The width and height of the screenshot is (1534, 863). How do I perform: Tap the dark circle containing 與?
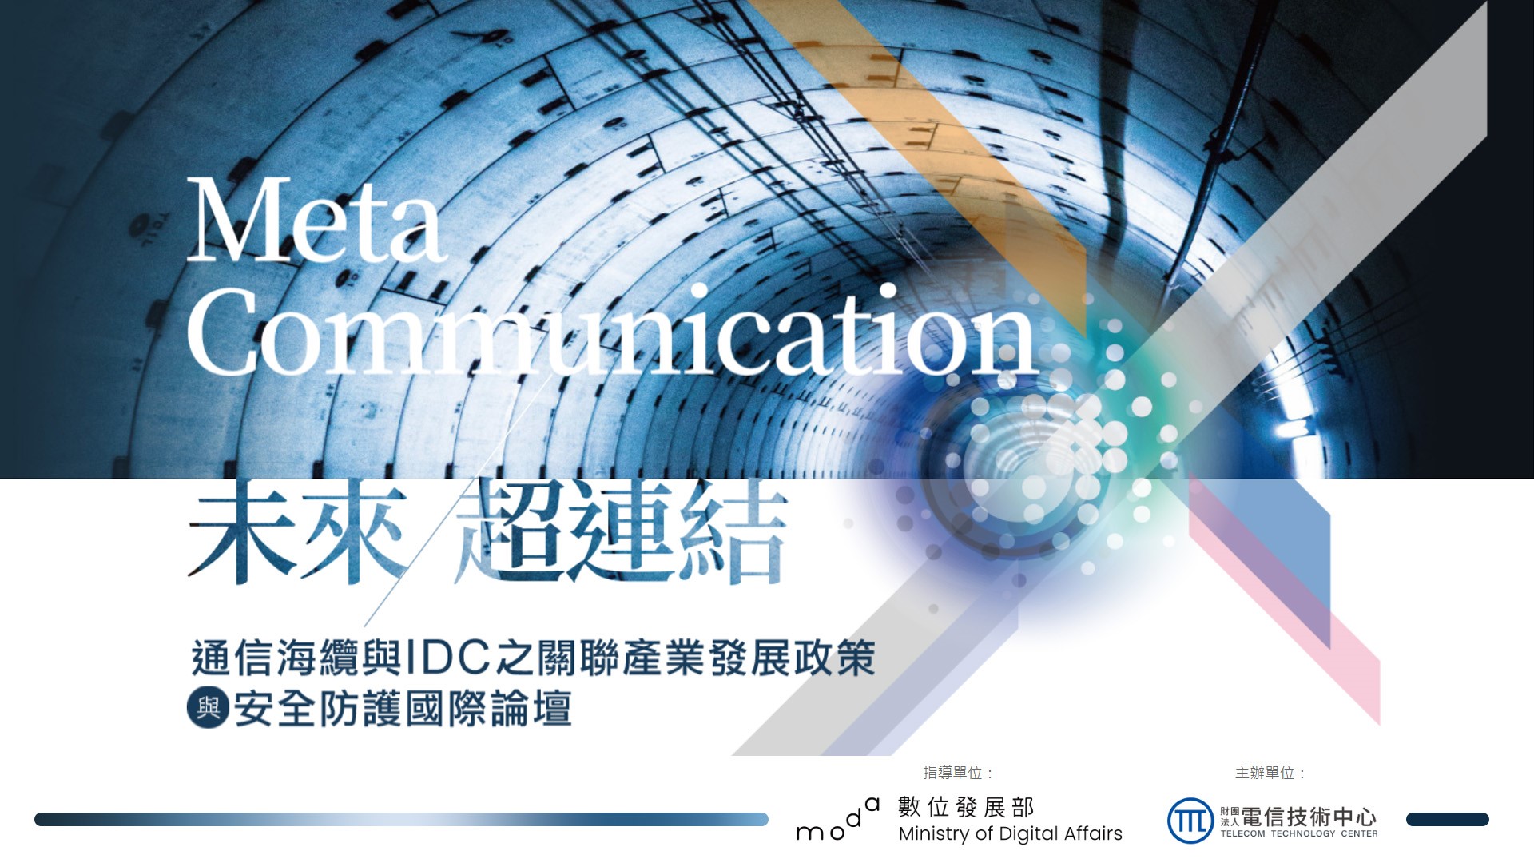pos(208,708)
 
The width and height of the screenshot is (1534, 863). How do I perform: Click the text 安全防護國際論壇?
pos(403,709)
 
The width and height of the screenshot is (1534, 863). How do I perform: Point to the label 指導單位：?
pos(959,773)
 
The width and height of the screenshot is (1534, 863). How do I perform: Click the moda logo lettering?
pos(838,819)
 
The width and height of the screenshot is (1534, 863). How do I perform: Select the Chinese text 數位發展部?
pos(966,807)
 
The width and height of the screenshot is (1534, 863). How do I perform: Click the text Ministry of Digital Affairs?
pos(1011,834)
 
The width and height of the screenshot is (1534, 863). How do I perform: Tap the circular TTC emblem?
pos(1190,821)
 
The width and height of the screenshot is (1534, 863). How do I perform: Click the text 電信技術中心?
pos(1309,817)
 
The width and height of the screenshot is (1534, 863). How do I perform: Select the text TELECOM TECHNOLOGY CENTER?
pos(1299,833)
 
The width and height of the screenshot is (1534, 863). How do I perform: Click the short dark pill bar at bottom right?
pos(1447,819)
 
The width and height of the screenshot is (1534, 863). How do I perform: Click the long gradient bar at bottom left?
pos(401,819)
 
